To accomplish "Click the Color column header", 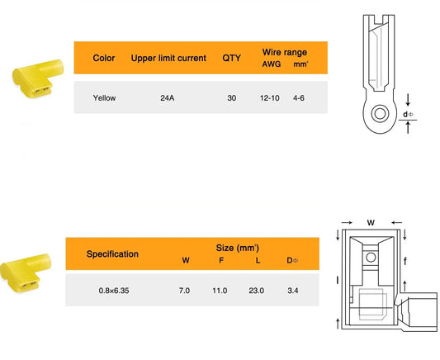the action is click(104, 58).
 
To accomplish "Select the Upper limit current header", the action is click(168, 58).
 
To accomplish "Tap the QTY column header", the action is click(231, 58).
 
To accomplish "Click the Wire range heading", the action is click(285, 52).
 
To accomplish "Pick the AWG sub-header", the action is click(272, 64).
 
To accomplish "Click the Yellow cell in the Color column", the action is click(104, 98).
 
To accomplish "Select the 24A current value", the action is click(168, 98).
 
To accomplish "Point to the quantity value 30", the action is click(232, 98).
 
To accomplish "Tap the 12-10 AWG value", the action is click(270, 98).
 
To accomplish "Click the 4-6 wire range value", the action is click(299, 98).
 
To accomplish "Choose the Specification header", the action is click(112, 254).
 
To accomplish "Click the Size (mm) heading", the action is click(238, 248).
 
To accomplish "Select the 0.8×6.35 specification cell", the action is click(114, 291).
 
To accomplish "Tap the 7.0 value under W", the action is click(184, 291).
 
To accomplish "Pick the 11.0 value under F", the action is click(220, 291).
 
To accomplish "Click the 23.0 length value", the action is click(256, 291).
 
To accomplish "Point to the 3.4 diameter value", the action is click(293, 291).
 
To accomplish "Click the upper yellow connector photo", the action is click(38, 78).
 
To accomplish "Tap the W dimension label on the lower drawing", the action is click(371, 223).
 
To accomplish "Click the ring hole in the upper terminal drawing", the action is click(381, 114).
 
